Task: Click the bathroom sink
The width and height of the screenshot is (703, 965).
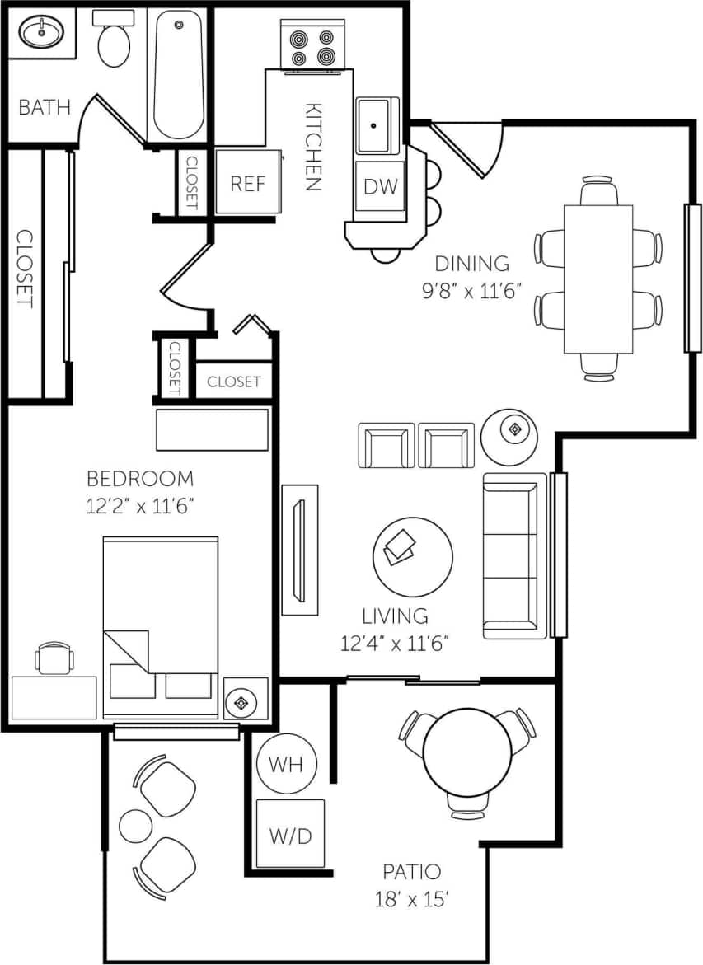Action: pyautogui.click(x=42, y=34)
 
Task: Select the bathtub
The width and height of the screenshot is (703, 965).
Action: pyautogui.click(x=179, y=75)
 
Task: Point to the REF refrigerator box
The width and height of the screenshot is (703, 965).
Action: pyautogui.click(x=247, y=183)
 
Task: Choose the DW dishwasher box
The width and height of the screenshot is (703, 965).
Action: pyautogui.click(x=380, y=186)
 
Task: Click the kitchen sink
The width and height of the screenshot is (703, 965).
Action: pyautogui.click(x=377, y=125)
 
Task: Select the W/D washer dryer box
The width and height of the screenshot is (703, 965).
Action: pyautogui.click(x=290, y=834)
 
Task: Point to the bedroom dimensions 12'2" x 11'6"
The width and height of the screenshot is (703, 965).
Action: pyautogui.click(x=139, y=505)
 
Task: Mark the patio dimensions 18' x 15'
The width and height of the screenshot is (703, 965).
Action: pyautogui.click(x=411, y=898)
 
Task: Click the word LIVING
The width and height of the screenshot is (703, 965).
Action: pyautogui.click(x=395, y=616)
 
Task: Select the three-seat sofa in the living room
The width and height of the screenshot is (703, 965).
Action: pyautogui.click(x=514, y=555)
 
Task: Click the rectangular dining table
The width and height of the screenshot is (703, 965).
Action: pyautogui.click(x=598, y=279)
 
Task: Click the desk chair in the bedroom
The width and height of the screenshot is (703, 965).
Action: pyautogui.click(x=54, y=658)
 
